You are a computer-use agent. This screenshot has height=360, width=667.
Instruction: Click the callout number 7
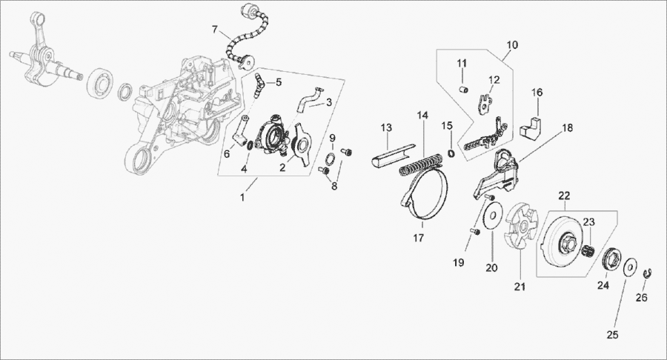point(215,30)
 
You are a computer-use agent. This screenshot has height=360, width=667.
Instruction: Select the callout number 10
point(512,45)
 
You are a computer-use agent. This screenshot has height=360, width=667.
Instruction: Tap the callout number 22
point(564,196)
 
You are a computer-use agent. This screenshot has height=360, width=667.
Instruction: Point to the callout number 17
point(419,238)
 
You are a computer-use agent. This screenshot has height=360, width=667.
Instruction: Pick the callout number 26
point(642,298)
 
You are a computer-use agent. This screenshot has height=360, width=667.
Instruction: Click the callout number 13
point(385,128)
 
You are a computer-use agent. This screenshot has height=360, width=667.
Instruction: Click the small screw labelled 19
point(476,232)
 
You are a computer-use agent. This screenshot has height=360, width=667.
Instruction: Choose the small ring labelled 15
point(450,153)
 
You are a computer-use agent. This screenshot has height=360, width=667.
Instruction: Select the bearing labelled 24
point(613,260)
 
